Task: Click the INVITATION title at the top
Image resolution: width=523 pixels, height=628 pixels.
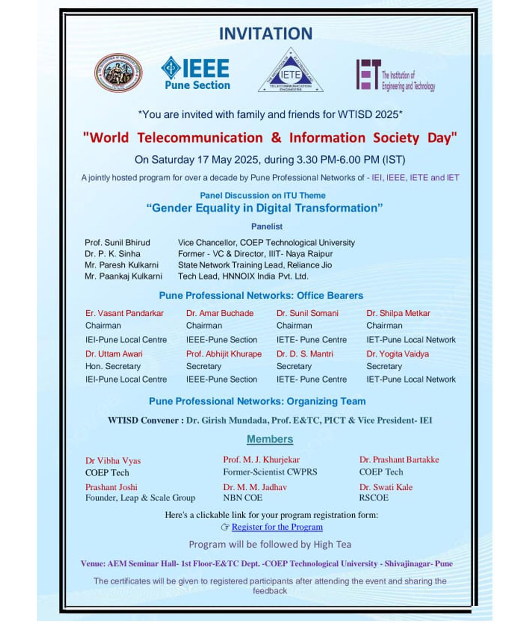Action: pos(266,34)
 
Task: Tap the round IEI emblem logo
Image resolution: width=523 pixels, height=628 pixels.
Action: pos(118,73)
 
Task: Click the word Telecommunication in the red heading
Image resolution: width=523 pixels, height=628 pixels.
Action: pos(200,138)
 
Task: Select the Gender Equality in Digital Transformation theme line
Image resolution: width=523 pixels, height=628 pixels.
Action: pos(264,208)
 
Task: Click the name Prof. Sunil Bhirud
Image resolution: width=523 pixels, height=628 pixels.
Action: pos(117,243)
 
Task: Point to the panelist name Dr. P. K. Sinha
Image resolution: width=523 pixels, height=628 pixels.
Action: pos(113,254)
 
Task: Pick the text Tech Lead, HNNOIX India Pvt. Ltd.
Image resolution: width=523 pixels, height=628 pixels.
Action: pos(243,276)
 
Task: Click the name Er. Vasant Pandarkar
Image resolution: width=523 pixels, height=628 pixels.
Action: pos(124,313)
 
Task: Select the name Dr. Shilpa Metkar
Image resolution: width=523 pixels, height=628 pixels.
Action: pos(398,313)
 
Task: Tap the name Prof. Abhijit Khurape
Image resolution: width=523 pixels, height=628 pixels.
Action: pos(224,354)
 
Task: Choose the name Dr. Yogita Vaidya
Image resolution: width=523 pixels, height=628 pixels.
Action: pos(397,354)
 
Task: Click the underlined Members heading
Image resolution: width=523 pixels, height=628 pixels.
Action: pos(270,439)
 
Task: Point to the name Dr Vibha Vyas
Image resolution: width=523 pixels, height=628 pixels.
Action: pos(113,461)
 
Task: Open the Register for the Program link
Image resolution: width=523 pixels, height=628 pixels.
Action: pos(277,527)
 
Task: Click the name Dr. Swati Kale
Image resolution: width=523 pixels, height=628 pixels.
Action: pos(386,487)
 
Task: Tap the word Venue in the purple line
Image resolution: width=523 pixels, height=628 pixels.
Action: pos(92,564)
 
